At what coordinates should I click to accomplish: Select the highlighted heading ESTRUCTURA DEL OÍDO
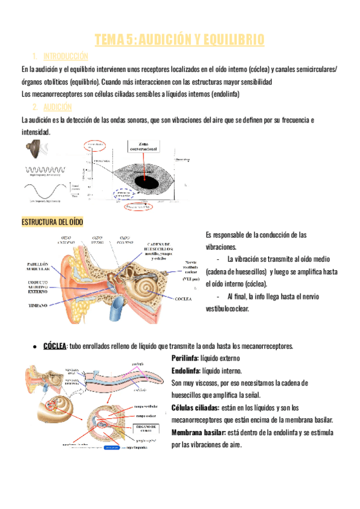pyautogui.click(x=52, y=222)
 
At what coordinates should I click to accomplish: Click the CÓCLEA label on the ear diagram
pyautogui.click(x=184, y=298)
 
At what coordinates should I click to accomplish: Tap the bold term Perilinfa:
pyautogui.click(x=186, y=358)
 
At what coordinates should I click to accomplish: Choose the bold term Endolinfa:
pyautogui.click(x=187, y=370)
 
